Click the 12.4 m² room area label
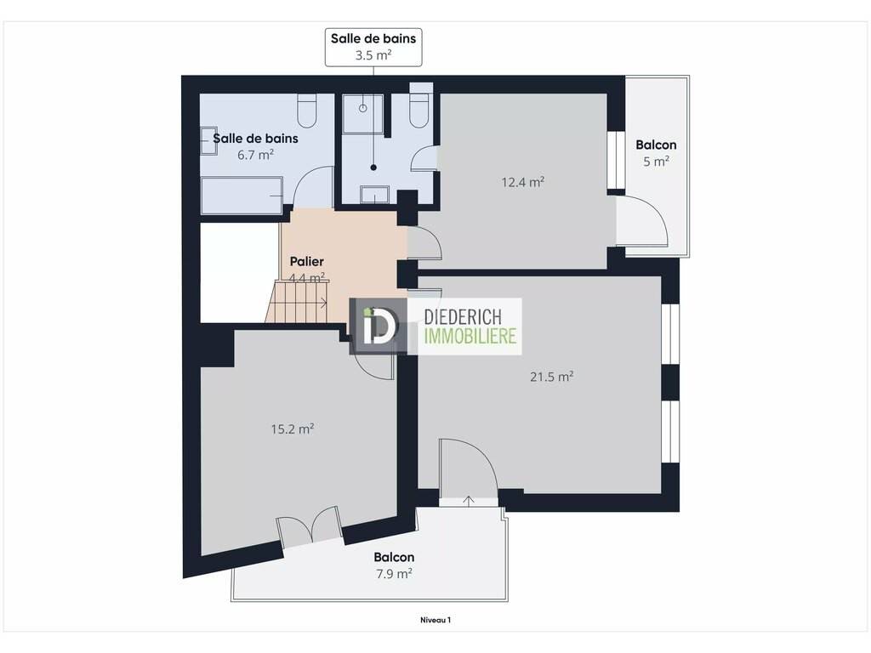523,182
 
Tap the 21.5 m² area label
551,377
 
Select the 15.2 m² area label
293,429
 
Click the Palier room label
306,261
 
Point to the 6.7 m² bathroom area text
255,155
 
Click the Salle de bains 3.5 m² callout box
373,48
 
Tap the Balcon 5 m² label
656,153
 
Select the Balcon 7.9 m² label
394,565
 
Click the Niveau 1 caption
435,620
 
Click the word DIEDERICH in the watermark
463,317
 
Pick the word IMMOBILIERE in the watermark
470,336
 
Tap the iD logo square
379,326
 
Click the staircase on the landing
299,302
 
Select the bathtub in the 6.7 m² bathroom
242,196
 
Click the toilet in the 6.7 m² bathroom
306,111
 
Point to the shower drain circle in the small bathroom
362,108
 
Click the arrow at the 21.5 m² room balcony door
469,501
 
